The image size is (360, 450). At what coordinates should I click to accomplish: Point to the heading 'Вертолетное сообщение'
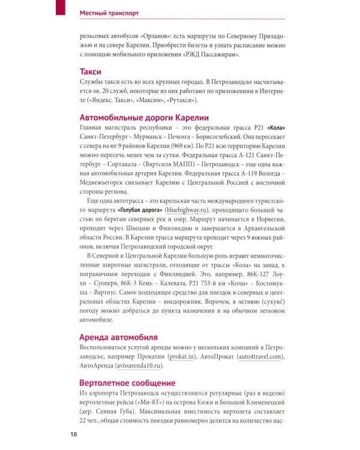127,382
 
